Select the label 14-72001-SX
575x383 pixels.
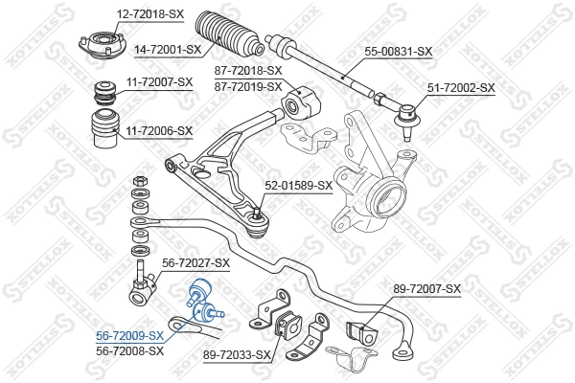[x=168, y=49]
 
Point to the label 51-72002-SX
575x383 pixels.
[x=461, y=87]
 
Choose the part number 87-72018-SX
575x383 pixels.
[x=249, y=71]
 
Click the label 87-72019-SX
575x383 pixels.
[x=249, y=86]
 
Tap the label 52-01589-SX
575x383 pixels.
[x=298, y=186]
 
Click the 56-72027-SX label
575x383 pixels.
[x=196, y=262]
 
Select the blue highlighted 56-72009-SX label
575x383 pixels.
[x=129, y=337]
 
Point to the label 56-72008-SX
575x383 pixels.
[x=129, y=351]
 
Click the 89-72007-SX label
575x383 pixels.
[x=427, y=288]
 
